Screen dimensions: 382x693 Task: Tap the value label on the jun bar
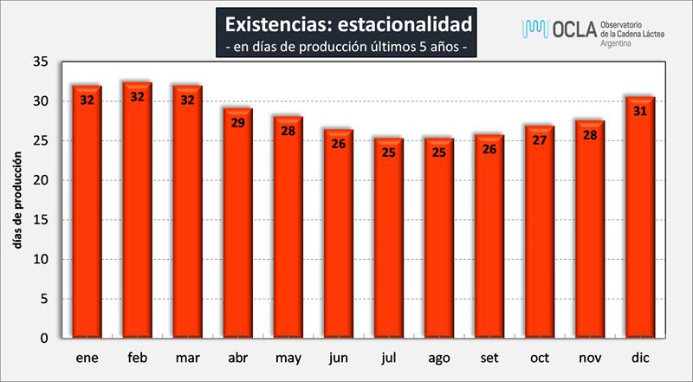pos(338,144)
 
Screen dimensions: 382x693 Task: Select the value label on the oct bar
pos(539,139)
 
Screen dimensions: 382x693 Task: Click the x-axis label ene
pos(87,357)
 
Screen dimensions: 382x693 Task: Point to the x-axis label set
pos(489,357)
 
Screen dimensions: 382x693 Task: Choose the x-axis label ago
pos(438,357)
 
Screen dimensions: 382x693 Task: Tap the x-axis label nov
pos(589,357)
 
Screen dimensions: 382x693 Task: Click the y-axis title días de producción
pos(17,200)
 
